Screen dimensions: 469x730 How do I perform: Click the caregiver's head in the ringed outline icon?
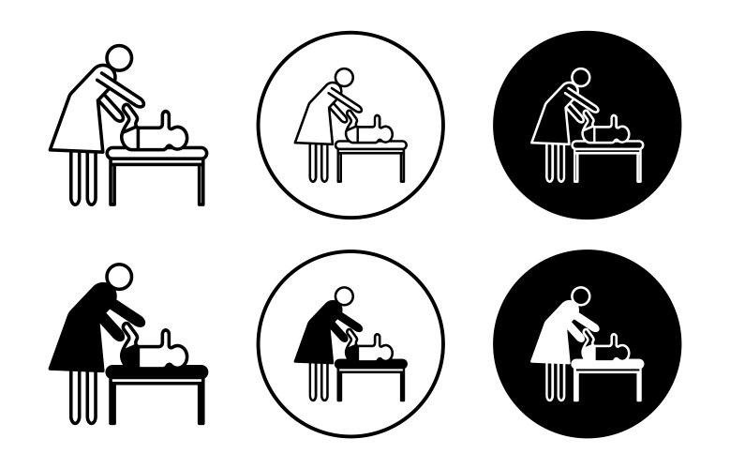tap(343, 77)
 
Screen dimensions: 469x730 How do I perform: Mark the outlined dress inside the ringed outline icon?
tap(315, 120)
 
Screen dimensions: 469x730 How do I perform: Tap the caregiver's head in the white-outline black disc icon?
tap(579, 77)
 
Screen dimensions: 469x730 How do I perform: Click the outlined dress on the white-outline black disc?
tap(551, 120)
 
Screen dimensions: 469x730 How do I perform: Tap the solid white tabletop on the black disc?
tap(607, 364)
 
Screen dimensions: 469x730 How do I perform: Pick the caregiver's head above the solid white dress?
tap(579, 296)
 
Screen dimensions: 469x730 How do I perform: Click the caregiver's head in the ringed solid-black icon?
tap(343, 296)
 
